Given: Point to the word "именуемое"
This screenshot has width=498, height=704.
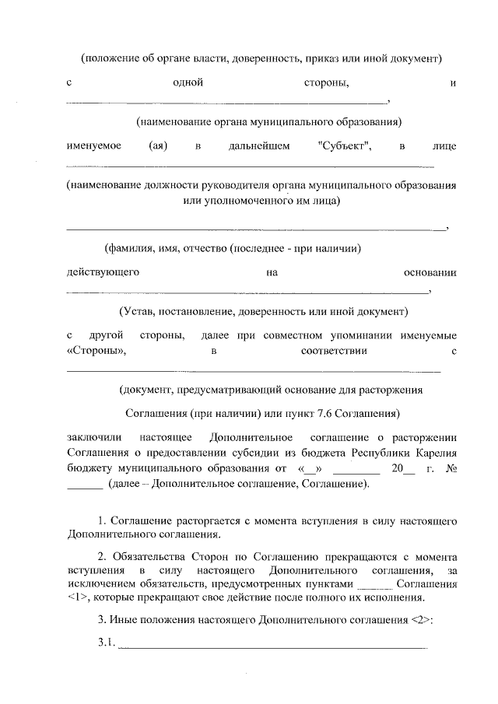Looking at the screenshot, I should (x=93, y=146).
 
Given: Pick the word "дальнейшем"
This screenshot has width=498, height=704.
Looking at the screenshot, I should (x=260, y=146).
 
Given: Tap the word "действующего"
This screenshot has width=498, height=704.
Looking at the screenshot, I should (x=103, y=272).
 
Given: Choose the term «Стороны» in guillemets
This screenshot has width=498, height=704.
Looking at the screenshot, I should (x=97, y=351).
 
